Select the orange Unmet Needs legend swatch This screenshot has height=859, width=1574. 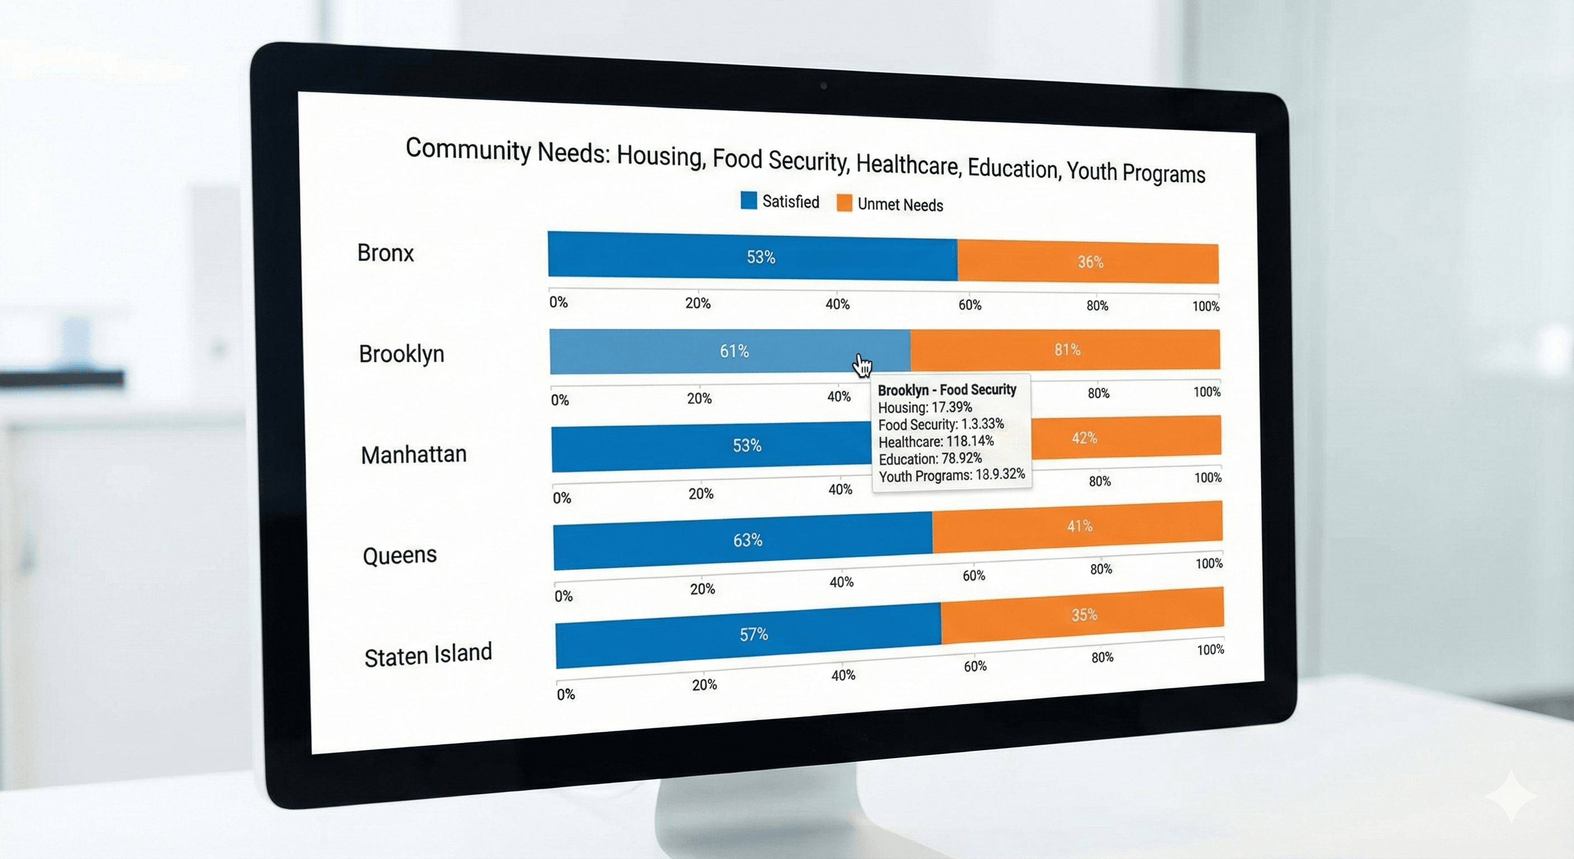(x=844, y=203)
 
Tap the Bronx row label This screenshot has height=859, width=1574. (x=385, y=253)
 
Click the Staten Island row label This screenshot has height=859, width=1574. (x=428, y=654)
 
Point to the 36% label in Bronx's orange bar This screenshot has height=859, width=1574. (x=1090, y=262)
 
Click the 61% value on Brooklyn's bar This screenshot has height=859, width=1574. (x=734, y=351)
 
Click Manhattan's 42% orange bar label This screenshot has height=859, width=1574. (x=1084, y=438)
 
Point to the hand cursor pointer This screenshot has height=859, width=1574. (x=861, y=365)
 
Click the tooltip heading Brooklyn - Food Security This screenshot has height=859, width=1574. (x=946, y=389)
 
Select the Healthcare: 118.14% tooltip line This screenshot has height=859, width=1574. (x=936, y=441)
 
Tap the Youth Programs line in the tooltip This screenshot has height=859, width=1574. (x=951, y=475)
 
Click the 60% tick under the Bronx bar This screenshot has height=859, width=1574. (x=969, y=304)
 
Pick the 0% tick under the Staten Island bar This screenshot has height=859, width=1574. (x=565, y=694)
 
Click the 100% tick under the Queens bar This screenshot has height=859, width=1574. (x=1208, y=563)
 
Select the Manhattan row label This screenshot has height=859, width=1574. (x=413, y=454)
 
